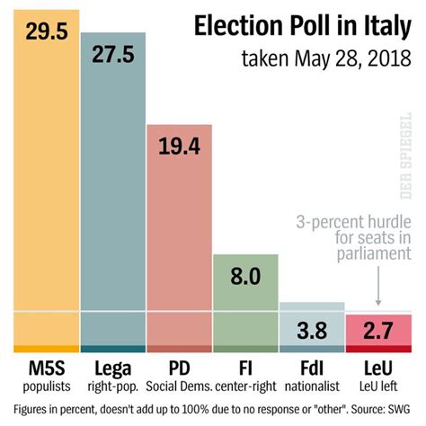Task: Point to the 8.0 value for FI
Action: tap(245, 276)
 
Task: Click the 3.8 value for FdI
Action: tap(312, 329)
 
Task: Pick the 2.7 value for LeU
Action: tap(378, 329)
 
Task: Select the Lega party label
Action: tap(112, 369)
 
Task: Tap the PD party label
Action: tap(178, 369)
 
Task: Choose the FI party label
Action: tap(245, 369)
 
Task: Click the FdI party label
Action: tap(311, 369)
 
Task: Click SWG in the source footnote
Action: tap(406, 410)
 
